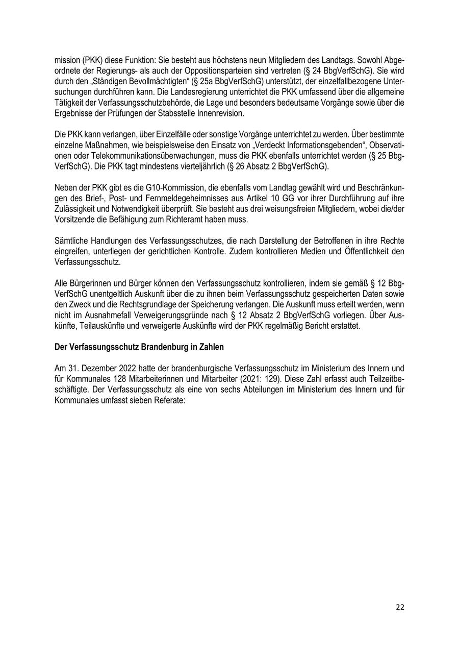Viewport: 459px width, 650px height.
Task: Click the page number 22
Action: [x=400, y=607]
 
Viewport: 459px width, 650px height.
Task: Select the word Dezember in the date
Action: [x=97, y=368]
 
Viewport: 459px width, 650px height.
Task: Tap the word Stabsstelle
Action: [x=183, y=113]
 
